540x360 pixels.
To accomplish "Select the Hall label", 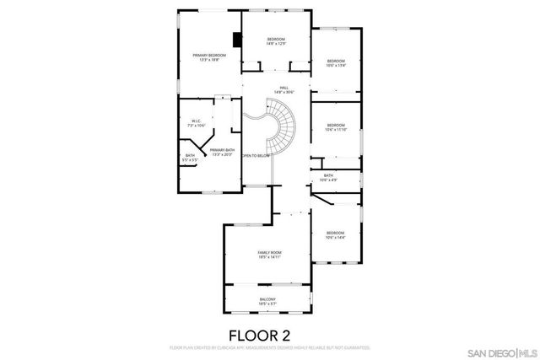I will pos(284,89).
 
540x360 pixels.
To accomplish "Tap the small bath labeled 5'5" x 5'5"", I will pos(191,158).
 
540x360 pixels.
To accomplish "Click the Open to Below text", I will pos(256,156).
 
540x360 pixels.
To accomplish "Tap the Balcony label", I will pos(267,300).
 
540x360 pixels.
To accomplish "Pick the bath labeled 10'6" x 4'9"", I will pos(328,178).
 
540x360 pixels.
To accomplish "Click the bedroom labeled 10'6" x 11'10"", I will pos(336,128).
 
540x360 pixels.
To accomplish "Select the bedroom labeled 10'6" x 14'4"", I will pos(336,235).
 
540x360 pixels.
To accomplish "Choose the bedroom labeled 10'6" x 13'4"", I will pos(336,63).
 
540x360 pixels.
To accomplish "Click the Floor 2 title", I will pos(269,335).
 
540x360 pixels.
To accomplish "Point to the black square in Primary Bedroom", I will pos(239,39).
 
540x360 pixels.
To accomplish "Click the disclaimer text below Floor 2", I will pos(269,347).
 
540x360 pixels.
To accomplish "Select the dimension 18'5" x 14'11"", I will pos(269,258).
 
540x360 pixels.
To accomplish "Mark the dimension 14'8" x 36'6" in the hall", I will pos(284,92).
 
